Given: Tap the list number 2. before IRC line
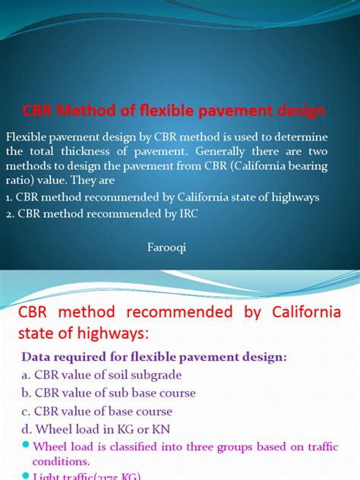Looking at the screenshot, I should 9,215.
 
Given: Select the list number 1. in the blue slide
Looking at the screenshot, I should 9,197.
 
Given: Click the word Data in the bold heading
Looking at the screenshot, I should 36,356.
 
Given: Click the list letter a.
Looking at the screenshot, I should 25,375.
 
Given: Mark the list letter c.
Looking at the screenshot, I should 25,412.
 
